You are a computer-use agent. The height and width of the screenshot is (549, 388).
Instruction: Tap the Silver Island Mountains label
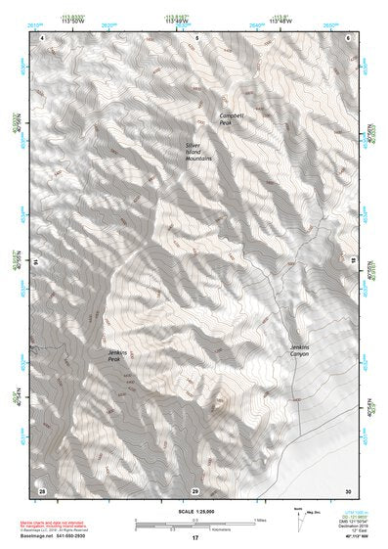click(x=198, y=151)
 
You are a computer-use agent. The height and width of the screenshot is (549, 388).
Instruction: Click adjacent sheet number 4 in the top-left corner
click(x=43, y=37)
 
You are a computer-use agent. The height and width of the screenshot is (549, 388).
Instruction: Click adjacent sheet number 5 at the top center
click(x=195, y=37)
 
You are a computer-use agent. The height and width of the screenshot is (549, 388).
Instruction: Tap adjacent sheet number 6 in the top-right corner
click(x=347, y=37)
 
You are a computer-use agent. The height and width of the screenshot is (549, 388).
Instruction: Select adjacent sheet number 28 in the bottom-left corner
click(x=42, y=489)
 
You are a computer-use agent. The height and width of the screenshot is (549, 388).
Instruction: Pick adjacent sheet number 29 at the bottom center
click(x=195, y=489)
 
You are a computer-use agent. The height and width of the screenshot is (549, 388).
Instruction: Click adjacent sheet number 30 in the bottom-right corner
click(x=347, y=489)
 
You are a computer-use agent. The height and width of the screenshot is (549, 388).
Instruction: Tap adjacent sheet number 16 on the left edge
click(x=37, y=262)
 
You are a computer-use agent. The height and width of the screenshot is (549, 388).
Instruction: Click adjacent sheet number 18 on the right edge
click(x=352, y=262)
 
